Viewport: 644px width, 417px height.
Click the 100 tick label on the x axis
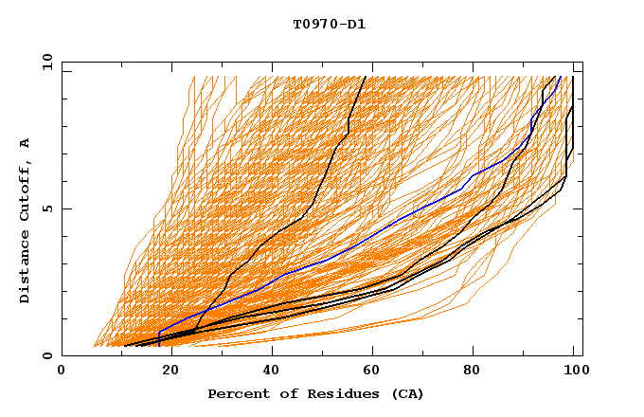coord(575,370)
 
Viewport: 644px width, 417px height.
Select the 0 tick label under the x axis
coord(63,370)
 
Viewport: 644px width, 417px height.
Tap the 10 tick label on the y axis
coord(47,61)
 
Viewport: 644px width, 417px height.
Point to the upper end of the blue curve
coord(561,77)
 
